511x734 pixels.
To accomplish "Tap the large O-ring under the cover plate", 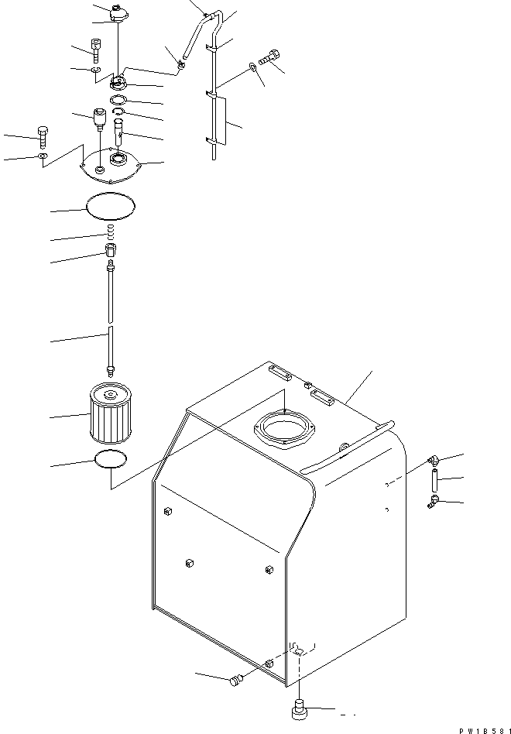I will [x=110, y=206].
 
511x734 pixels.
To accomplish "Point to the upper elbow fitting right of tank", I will [x=434, y=461].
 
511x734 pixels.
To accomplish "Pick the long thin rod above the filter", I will [x=111, y=317].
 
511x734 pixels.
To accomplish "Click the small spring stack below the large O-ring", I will [x=110, y=232].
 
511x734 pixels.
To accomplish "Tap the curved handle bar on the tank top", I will [x=346, y=453].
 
